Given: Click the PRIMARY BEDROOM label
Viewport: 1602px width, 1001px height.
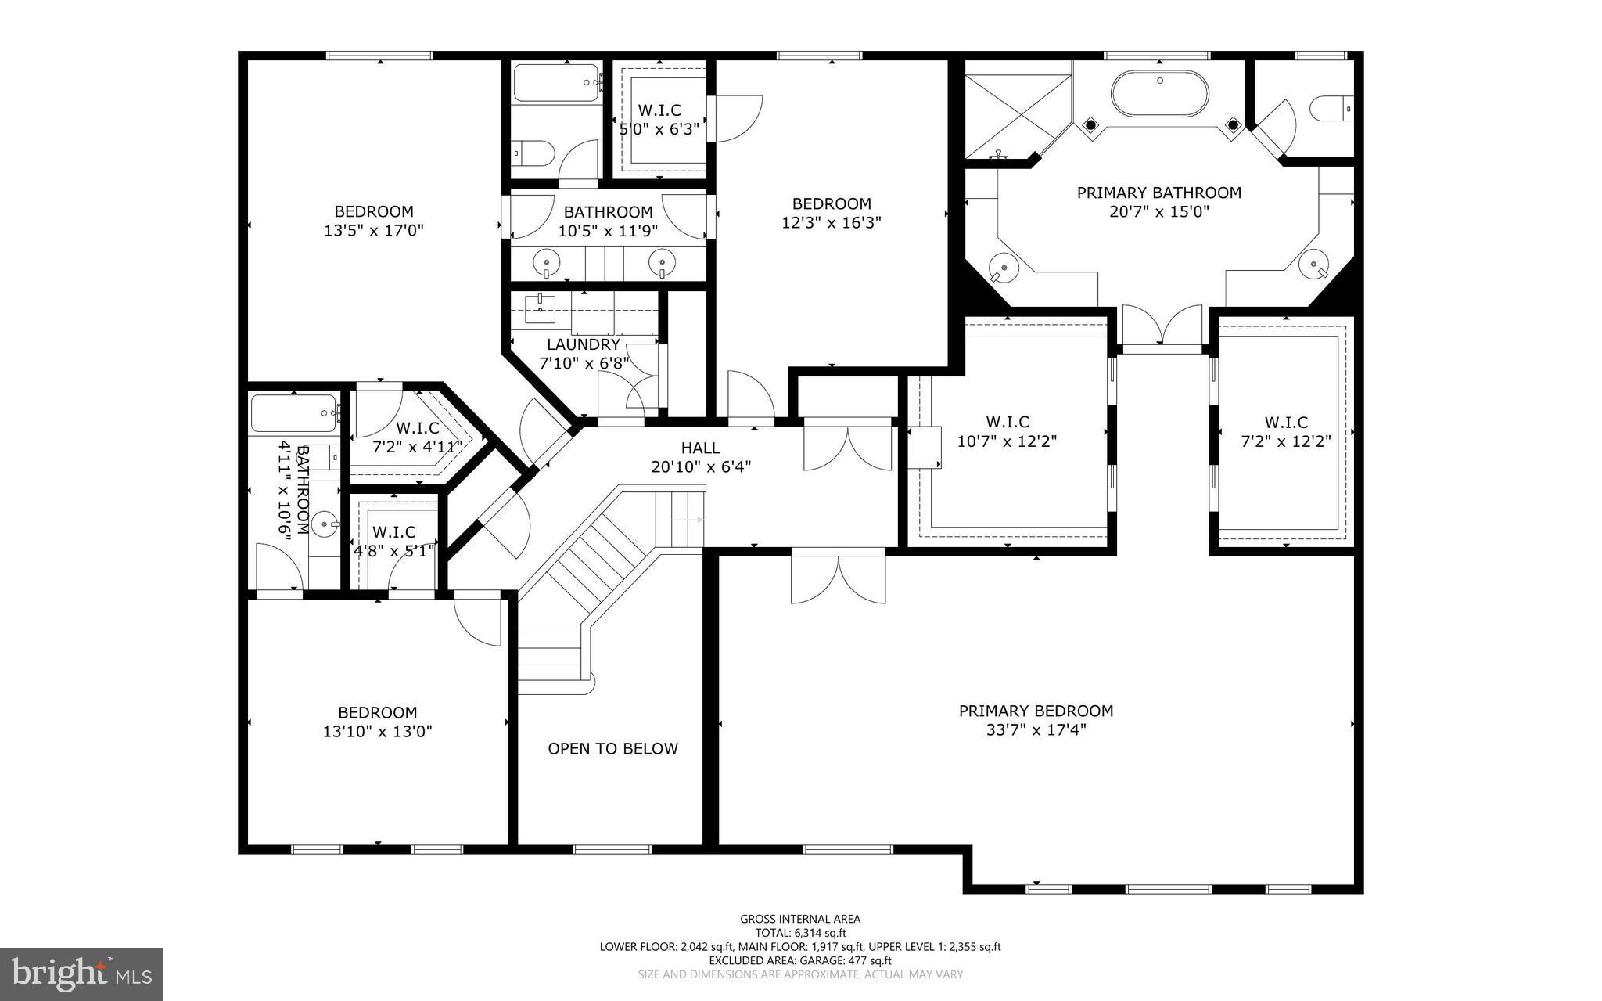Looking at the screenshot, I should click(x=1036, y=711).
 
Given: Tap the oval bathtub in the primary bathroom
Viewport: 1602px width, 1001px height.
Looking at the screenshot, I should click(x=1159, y=94).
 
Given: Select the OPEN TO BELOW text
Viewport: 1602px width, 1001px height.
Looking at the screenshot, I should click(x=612, y=748).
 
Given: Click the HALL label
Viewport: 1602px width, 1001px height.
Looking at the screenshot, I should click(x=700, y=448).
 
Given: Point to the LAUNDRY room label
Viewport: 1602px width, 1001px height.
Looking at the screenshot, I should click(x=583, y=344).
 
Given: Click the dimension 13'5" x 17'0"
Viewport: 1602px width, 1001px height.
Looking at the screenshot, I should click(x=374, y=231).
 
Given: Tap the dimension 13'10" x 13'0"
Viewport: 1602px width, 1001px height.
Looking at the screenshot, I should click(x=377, y=732).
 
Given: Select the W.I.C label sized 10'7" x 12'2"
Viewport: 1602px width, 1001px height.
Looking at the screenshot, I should click(x=1008, y=422).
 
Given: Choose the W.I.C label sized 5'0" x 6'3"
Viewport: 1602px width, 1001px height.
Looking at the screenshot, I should click(x=659, y=110).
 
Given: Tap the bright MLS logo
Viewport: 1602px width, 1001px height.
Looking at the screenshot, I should click(x=82, y=973).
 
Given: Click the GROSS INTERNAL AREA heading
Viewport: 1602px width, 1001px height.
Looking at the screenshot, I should click(x=800, y=919).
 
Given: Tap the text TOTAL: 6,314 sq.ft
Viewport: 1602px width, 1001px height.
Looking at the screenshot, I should click(x=800, y=932).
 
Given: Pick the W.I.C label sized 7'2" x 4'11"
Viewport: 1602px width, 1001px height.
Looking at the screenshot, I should click(x=417, y=428).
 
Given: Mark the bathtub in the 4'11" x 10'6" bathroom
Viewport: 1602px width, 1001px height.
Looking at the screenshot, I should click(x=293, y=412).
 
